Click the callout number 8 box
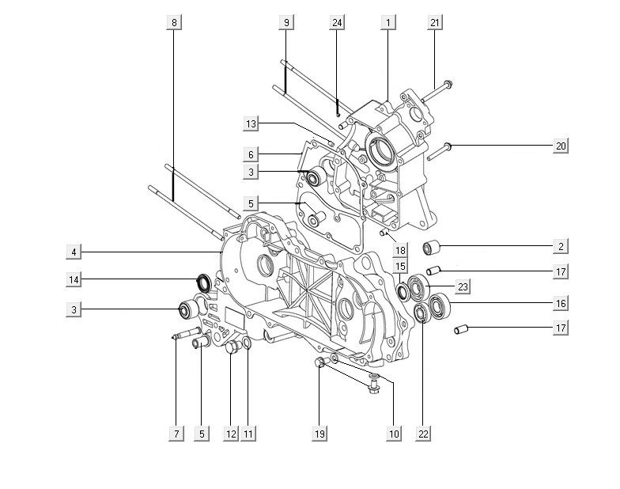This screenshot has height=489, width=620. pos(175,23)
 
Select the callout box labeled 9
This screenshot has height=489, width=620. pos(285,23)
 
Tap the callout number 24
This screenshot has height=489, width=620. pos(338,23)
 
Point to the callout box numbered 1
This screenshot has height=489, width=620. pos(387,23)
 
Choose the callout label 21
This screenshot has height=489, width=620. pos(435,23)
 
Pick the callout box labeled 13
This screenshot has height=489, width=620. pos(251,123)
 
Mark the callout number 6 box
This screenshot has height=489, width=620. pos(251,155)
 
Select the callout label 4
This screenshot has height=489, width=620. pos(73,252)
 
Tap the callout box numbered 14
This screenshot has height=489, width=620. pos(73,279)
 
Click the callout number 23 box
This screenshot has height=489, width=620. pos(463,286)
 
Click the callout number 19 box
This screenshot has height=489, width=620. pos(320,433)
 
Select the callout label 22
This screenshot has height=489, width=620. pos(424,433)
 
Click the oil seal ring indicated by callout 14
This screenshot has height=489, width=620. pos(202,280)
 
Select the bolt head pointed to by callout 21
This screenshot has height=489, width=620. pos(448,83)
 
